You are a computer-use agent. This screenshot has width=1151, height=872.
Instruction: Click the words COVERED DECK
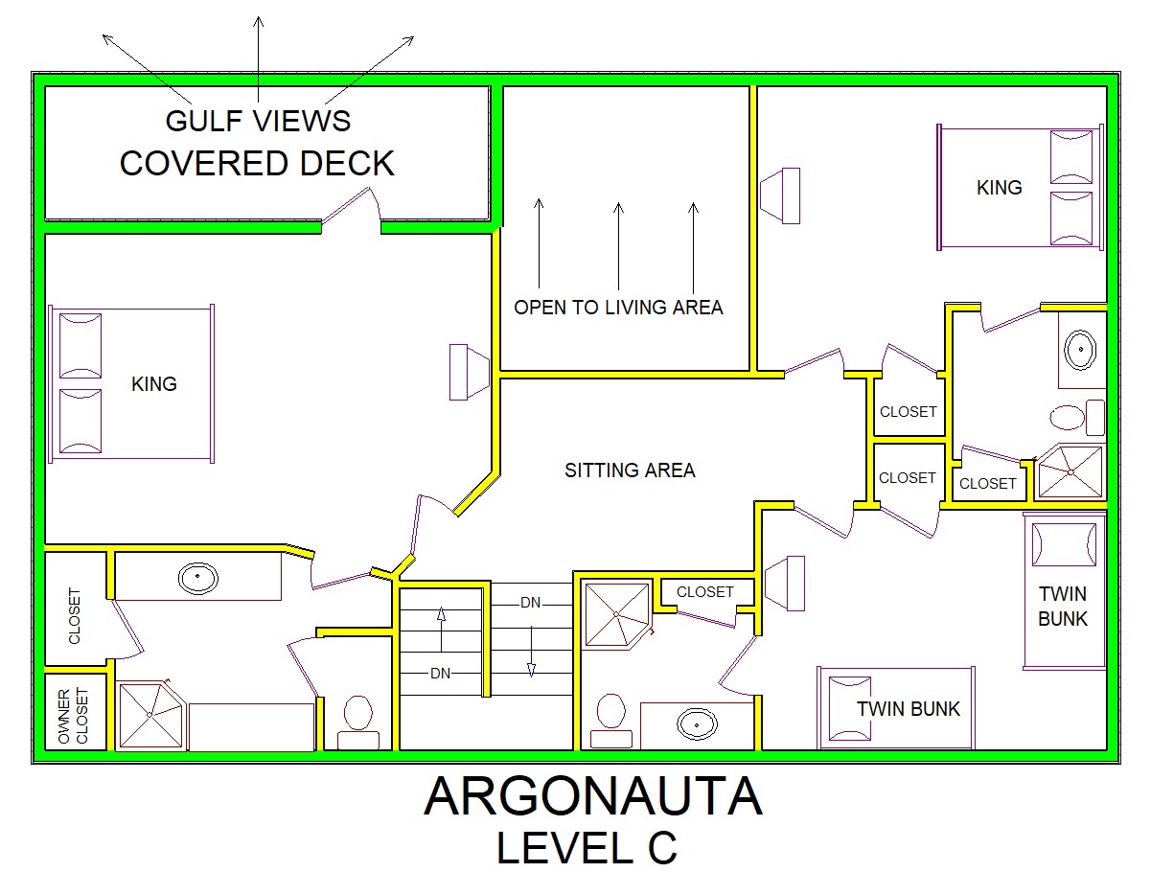tap(257, 163)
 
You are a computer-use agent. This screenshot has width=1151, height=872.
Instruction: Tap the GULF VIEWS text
tap(258, 121)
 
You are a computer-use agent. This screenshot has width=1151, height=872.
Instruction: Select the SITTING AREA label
tap(630, 470)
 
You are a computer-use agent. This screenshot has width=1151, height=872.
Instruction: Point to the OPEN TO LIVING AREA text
tap(618, 308)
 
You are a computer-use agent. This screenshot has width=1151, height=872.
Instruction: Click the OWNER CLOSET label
tap(73, 716)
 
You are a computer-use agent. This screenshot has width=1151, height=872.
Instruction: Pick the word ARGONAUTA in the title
tap(592, 796)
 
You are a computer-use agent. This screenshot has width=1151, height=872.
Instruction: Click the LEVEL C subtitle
tap(587, 848)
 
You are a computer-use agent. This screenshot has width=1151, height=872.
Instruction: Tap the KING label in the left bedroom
tap(154, 384)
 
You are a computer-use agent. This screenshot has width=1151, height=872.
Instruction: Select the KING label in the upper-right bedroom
tap(999, 187)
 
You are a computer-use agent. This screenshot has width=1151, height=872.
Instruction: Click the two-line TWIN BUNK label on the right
tap(1063, 607)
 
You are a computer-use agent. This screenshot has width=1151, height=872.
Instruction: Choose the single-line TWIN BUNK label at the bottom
tap(909, 709)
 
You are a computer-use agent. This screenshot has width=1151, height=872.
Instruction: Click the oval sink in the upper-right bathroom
tap(1080, 349)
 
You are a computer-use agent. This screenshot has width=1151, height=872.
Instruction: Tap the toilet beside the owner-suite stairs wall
tap(357, 722)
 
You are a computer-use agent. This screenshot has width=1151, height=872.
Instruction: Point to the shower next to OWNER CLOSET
tap(150, 715)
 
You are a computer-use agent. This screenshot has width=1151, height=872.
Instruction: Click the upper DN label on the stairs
tap(530, 603)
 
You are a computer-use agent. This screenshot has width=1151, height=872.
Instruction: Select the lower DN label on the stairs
tap(440, 674)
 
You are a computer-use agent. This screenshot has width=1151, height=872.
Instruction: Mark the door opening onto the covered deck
tap(350, 209)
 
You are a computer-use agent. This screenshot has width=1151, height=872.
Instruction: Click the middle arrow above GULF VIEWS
tap(258, 58)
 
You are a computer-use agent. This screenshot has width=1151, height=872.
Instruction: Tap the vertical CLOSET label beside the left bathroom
tap(75, 615)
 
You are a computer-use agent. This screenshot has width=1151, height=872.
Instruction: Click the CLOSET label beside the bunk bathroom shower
tap(704, 592)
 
